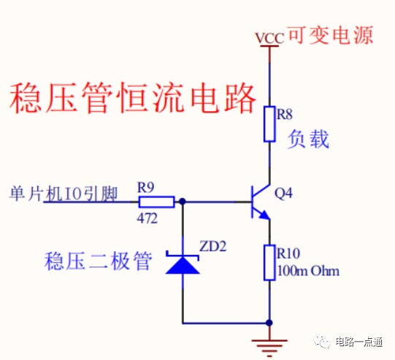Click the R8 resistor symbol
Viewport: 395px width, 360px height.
[269, 124]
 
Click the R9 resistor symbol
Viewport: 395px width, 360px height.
[156, 202]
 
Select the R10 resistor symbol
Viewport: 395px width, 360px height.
[269, 262]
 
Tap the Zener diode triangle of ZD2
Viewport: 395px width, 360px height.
[183, 264]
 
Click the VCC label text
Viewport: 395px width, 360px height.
[269, 38]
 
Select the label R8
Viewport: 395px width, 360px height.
[285, 114]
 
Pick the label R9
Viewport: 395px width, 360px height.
[146, 188]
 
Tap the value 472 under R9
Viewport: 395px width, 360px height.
[147, 218]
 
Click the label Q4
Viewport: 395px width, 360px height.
[283, 194]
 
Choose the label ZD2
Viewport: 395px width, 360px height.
[213, 246]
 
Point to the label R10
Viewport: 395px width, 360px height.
[288, 253]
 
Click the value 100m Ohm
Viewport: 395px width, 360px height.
[308, 271]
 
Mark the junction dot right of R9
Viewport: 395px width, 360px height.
[183, 202]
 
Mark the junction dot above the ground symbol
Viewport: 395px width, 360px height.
[269, 323]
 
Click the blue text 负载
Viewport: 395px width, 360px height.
[308, 139]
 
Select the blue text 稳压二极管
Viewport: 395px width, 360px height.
[99, 261]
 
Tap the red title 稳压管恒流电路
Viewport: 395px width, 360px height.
[133, 98]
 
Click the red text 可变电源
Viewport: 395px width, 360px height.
[330, 36]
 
